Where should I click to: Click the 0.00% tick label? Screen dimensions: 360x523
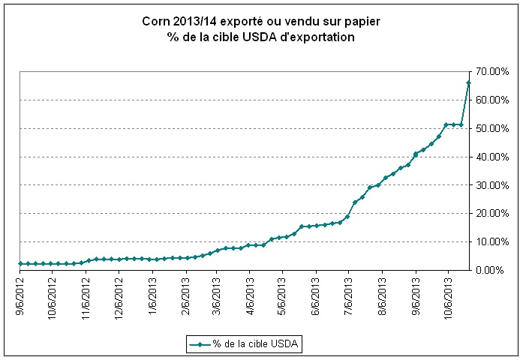(491, 270)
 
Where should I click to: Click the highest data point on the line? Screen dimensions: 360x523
(468, 82)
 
